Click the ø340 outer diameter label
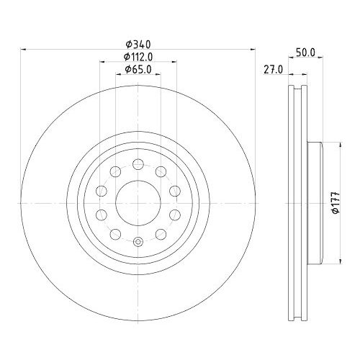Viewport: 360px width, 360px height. [x=137, y=44]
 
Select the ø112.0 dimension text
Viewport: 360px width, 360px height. [x=137, y=57]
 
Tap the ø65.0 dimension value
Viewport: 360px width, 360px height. [x=137, y=69]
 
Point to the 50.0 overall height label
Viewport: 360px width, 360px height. [x=306, y=53]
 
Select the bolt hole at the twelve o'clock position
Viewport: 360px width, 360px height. [x=138, y=163]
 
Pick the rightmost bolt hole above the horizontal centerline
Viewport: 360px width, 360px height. [x=174, y=190]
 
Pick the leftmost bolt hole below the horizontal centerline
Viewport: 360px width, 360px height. [x=101, y=214]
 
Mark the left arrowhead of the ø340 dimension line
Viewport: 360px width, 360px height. [x=22, y=50]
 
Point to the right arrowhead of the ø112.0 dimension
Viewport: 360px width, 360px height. [x=176, y=63]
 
